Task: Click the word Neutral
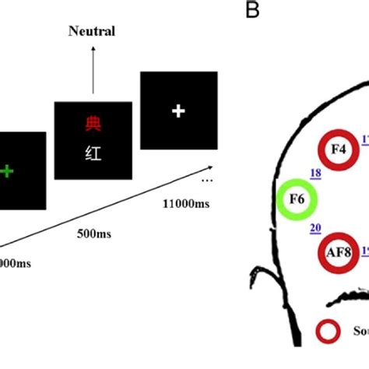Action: pos(91,32)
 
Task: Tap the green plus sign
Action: pos(7,170)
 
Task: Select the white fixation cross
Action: pos(177,111)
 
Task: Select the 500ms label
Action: pos(97,233)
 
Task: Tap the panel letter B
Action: pos(252,10)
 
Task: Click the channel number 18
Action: pos(316,174)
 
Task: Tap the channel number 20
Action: pos(315,228)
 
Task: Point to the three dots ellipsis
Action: pos(207,179)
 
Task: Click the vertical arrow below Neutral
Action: pos(93,70)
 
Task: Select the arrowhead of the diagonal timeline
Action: pos(212,166)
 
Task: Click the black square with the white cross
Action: pos(177,111)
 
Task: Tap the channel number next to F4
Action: pos(364,139)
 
